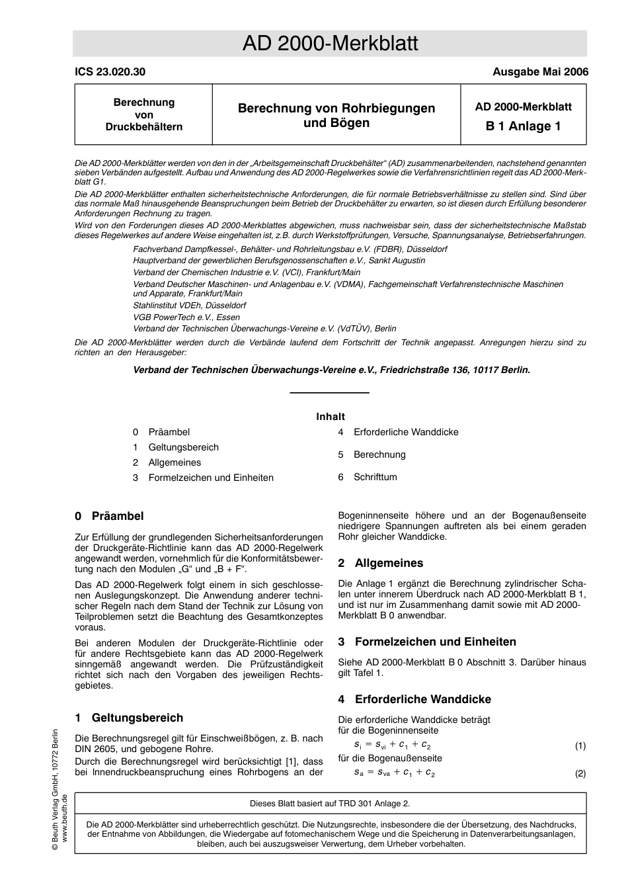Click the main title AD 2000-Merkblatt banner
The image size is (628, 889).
click(x=330, y=44)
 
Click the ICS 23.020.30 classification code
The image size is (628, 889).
click(x=110, y=72)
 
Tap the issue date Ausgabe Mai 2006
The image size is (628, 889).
click(x=539, y=72)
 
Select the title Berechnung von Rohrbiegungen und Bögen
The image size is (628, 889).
click(x=336, y=115)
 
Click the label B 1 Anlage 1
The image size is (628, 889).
click(x=523, y=126)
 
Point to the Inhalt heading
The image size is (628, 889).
click(x=330, y=417)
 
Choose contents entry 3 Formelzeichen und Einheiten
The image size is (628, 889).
click(x=203, y=478)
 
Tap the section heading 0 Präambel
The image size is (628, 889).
click(x=109, y=516)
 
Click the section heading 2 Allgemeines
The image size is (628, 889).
click(x=380, y=563)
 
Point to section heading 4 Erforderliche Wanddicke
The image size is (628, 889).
click(x=414, y=699)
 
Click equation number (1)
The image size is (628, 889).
click(x=580, y=745)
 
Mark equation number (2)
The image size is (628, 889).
click(x=580, y=773)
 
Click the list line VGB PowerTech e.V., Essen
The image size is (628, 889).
click(x=186, y=317)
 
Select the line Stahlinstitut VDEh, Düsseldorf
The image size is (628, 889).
click(x=189, y=306)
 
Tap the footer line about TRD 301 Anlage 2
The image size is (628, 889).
click(x=330, y=804)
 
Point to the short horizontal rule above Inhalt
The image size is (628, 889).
click(x=330, y=393)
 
